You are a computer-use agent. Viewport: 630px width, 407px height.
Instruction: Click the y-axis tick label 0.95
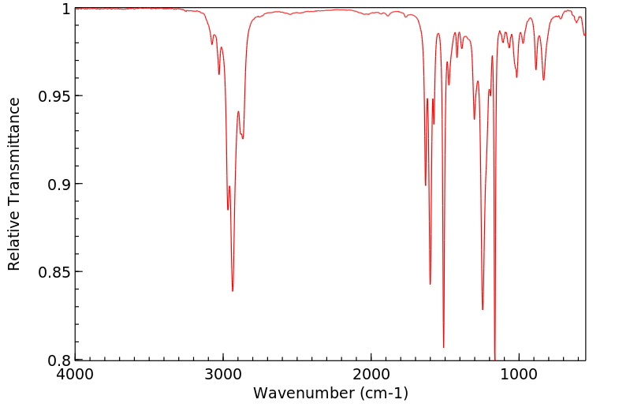coord(54,96)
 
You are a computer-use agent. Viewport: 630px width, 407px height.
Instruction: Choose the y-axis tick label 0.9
coord(58,184)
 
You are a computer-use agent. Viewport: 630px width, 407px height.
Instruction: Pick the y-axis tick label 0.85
coord(54,272)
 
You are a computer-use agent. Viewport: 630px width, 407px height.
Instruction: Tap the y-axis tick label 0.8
coord(58,360)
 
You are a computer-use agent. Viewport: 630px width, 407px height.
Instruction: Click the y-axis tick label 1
coord(66,9)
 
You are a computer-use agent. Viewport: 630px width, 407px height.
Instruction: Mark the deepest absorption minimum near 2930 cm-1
coord(233,291)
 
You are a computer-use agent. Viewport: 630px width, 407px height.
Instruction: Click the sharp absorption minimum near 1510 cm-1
coord(443,347)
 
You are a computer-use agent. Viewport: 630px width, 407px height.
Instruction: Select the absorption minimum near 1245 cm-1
coord(483,309)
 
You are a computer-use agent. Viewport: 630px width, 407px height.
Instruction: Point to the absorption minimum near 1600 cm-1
coord(430,284)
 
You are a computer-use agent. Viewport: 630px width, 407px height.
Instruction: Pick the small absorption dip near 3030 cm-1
coord(219,74)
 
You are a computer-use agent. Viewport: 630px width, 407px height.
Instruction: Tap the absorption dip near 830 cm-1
coord(543,80)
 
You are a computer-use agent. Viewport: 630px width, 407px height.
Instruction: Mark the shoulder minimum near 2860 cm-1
coord(243,139)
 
